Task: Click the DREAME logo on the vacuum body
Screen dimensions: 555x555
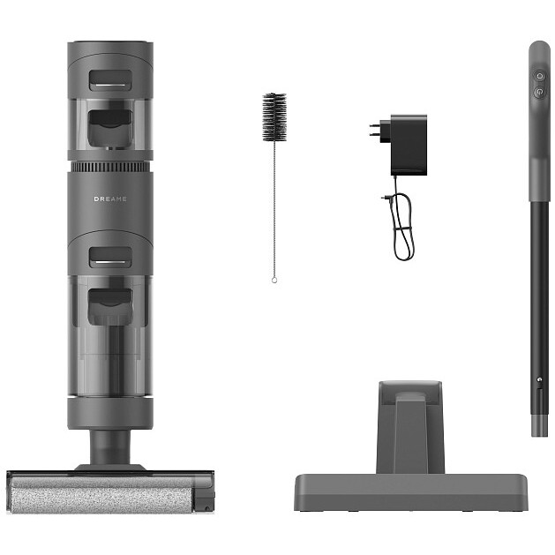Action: point(110,199)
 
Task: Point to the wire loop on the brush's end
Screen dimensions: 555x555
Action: point(274,280)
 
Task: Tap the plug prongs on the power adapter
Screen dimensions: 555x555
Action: point(375,131)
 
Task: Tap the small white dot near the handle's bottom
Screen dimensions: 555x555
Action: point(535,382)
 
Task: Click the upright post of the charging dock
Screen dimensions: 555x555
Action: point(409,428)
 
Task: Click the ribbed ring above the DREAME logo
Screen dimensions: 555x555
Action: point(110,166)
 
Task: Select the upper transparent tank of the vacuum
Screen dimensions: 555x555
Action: point(110,124)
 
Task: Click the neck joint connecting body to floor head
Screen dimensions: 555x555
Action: point(110,441)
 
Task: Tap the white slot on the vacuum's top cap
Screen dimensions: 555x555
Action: point(110,86)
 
